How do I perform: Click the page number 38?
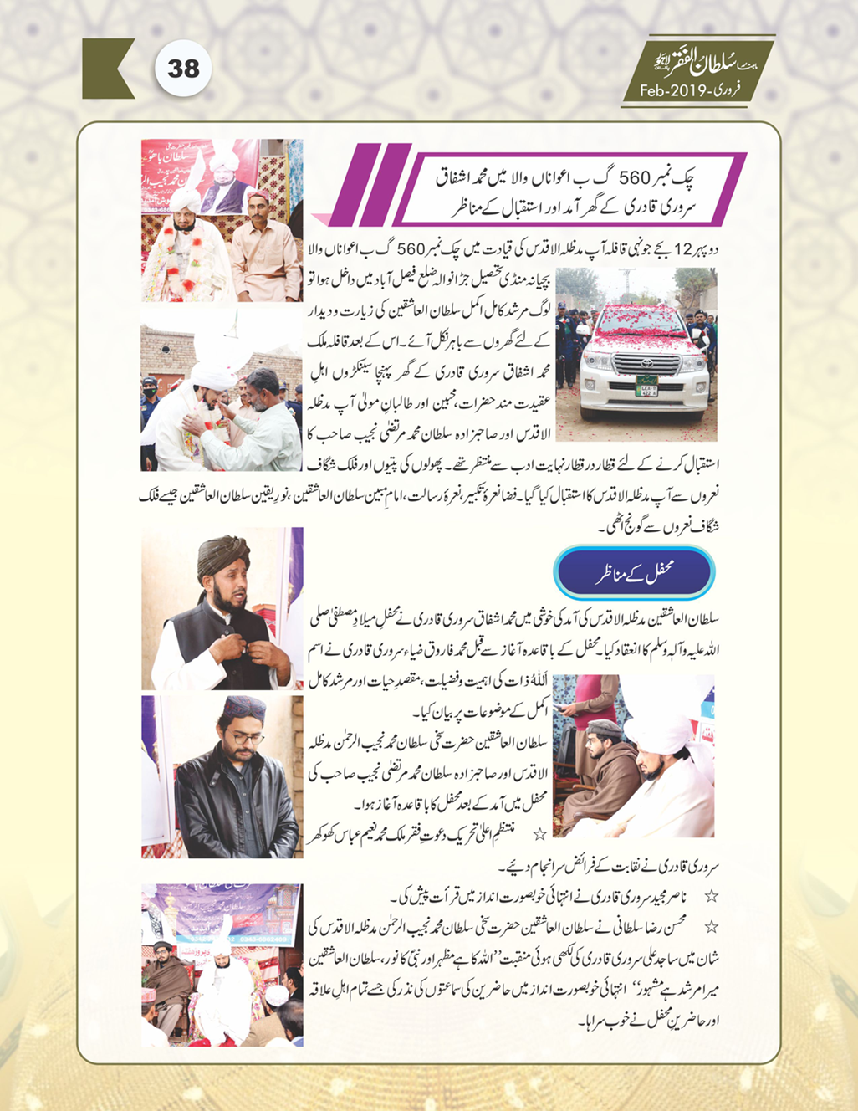click(183, 68)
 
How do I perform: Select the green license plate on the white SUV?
click(646, 387)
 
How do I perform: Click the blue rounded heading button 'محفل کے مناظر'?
click(635, 575)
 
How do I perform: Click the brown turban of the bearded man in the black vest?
click(223, 556)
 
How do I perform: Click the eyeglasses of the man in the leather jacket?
click(247, 739)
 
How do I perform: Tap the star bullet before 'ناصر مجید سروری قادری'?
click(712, 896)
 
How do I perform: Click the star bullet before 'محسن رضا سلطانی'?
click(712, 927)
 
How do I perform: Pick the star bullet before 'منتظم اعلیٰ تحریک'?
click(540, 832)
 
